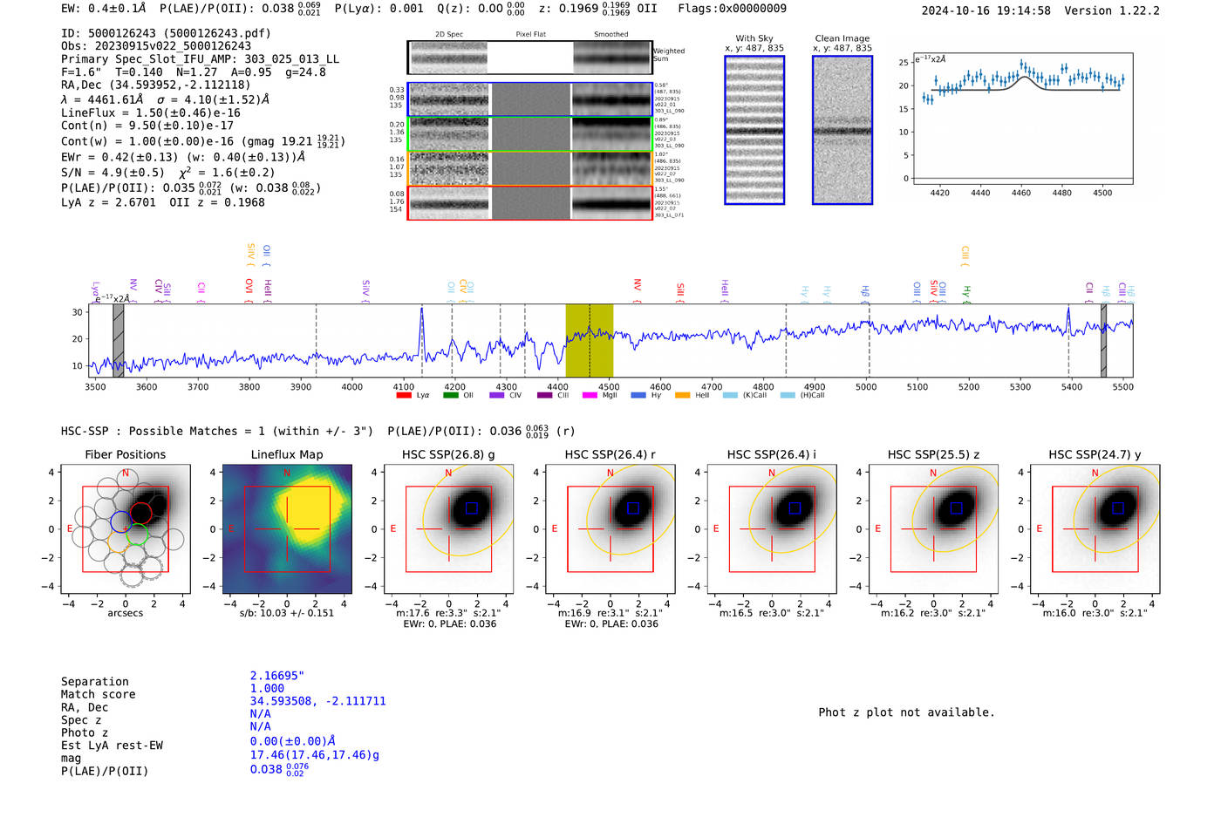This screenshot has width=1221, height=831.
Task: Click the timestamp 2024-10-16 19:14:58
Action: tap(986, 10)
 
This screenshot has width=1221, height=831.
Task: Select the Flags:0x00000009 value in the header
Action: tap(732, 8)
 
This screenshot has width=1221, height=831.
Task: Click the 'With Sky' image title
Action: tap(754, 38)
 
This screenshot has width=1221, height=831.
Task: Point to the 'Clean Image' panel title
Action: tap(842, 38)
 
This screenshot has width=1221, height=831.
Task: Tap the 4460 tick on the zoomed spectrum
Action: tap(1020, 193)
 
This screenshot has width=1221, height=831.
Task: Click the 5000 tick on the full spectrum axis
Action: tap(865, 386)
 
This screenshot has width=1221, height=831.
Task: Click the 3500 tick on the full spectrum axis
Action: tap(95, 386)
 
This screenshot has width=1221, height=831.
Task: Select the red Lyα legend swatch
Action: tap(404, 395)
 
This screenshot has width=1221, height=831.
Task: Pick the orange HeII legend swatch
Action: tap(682, 395)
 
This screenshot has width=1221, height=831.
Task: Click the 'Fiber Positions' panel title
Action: tap(125, 454)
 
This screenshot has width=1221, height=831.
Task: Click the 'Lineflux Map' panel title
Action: tap(286, 454)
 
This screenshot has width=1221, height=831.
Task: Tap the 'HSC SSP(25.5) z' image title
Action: tap(933, 454)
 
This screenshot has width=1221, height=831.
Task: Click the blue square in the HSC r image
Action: tap(633, 507)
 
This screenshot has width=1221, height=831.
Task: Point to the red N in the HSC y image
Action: tap(1095, 473)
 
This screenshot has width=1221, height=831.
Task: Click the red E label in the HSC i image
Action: tap(716, 528)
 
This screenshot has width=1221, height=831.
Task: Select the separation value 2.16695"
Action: tap(276, 676)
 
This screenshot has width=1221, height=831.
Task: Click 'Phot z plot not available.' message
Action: tap(906, 712)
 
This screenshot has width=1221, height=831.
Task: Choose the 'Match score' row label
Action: tap(98, 694)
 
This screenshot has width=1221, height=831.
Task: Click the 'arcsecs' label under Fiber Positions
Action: tap(125, 613)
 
